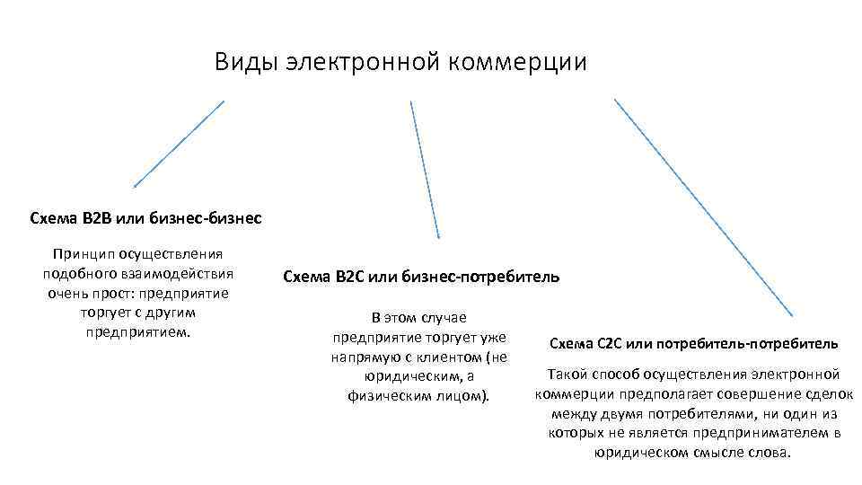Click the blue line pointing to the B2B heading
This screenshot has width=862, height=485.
click(x=179, y=143)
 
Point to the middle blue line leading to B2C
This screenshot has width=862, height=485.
click(x=425, y=169)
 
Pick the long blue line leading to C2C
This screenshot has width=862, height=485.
click(x=703, y=207)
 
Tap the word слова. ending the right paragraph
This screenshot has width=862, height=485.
click(x=771, y=452)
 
